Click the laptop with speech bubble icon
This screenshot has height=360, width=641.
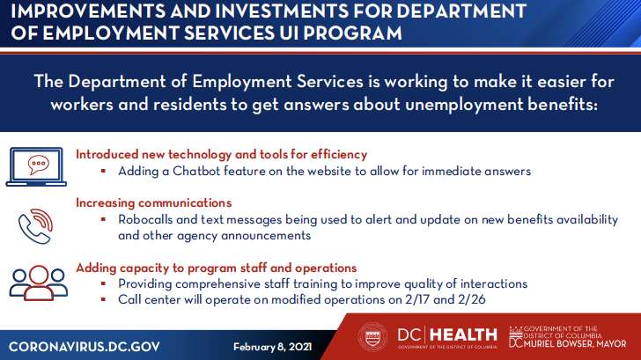(x=38, y=165)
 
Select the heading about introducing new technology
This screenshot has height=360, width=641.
(x=222, y=154)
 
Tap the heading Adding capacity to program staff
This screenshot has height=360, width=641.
(x=217, y=268)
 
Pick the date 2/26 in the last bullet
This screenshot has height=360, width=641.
(x=471, y=300)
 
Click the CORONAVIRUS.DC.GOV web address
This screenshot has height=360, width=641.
(x=85, y=344)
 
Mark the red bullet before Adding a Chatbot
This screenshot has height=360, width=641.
(x=104, y=172)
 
